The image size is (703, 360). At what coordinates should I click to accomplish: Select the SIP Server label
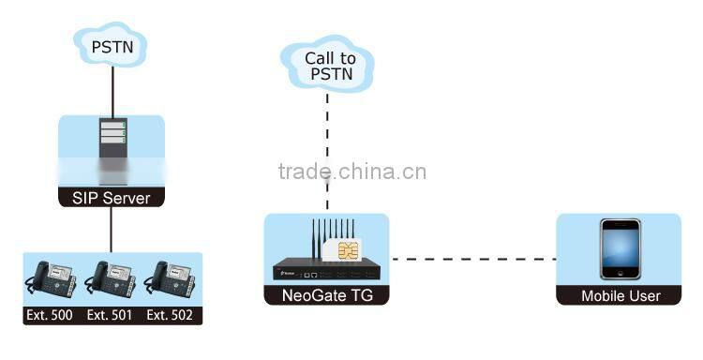[112, 198]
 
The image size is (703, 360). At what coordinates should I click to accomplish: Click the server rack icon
[112, 145]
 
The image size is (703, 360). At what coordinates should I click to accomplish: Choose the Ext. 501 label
[111, 316]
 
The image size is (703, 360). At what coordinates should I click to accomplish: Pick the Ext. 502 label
[170, 316]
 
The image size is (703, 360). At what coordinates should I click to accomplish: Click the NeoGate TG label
[326, 296]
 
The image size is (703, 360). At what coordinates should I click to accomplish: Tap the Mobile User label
[620, 296]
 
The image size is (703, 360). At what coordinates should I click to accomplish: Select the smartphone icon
[621, 250]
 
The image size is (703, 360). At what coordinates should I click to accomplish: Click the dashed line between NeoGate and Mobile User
[472, 258]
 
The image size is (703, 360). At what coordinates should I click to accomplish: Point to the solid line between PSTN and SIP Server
[112, 89]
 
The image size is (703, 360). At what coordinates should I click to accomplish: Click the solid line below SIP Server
[112, 230]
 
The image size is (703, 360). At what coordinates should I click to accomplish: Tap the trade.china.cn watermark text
[352, 172]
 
